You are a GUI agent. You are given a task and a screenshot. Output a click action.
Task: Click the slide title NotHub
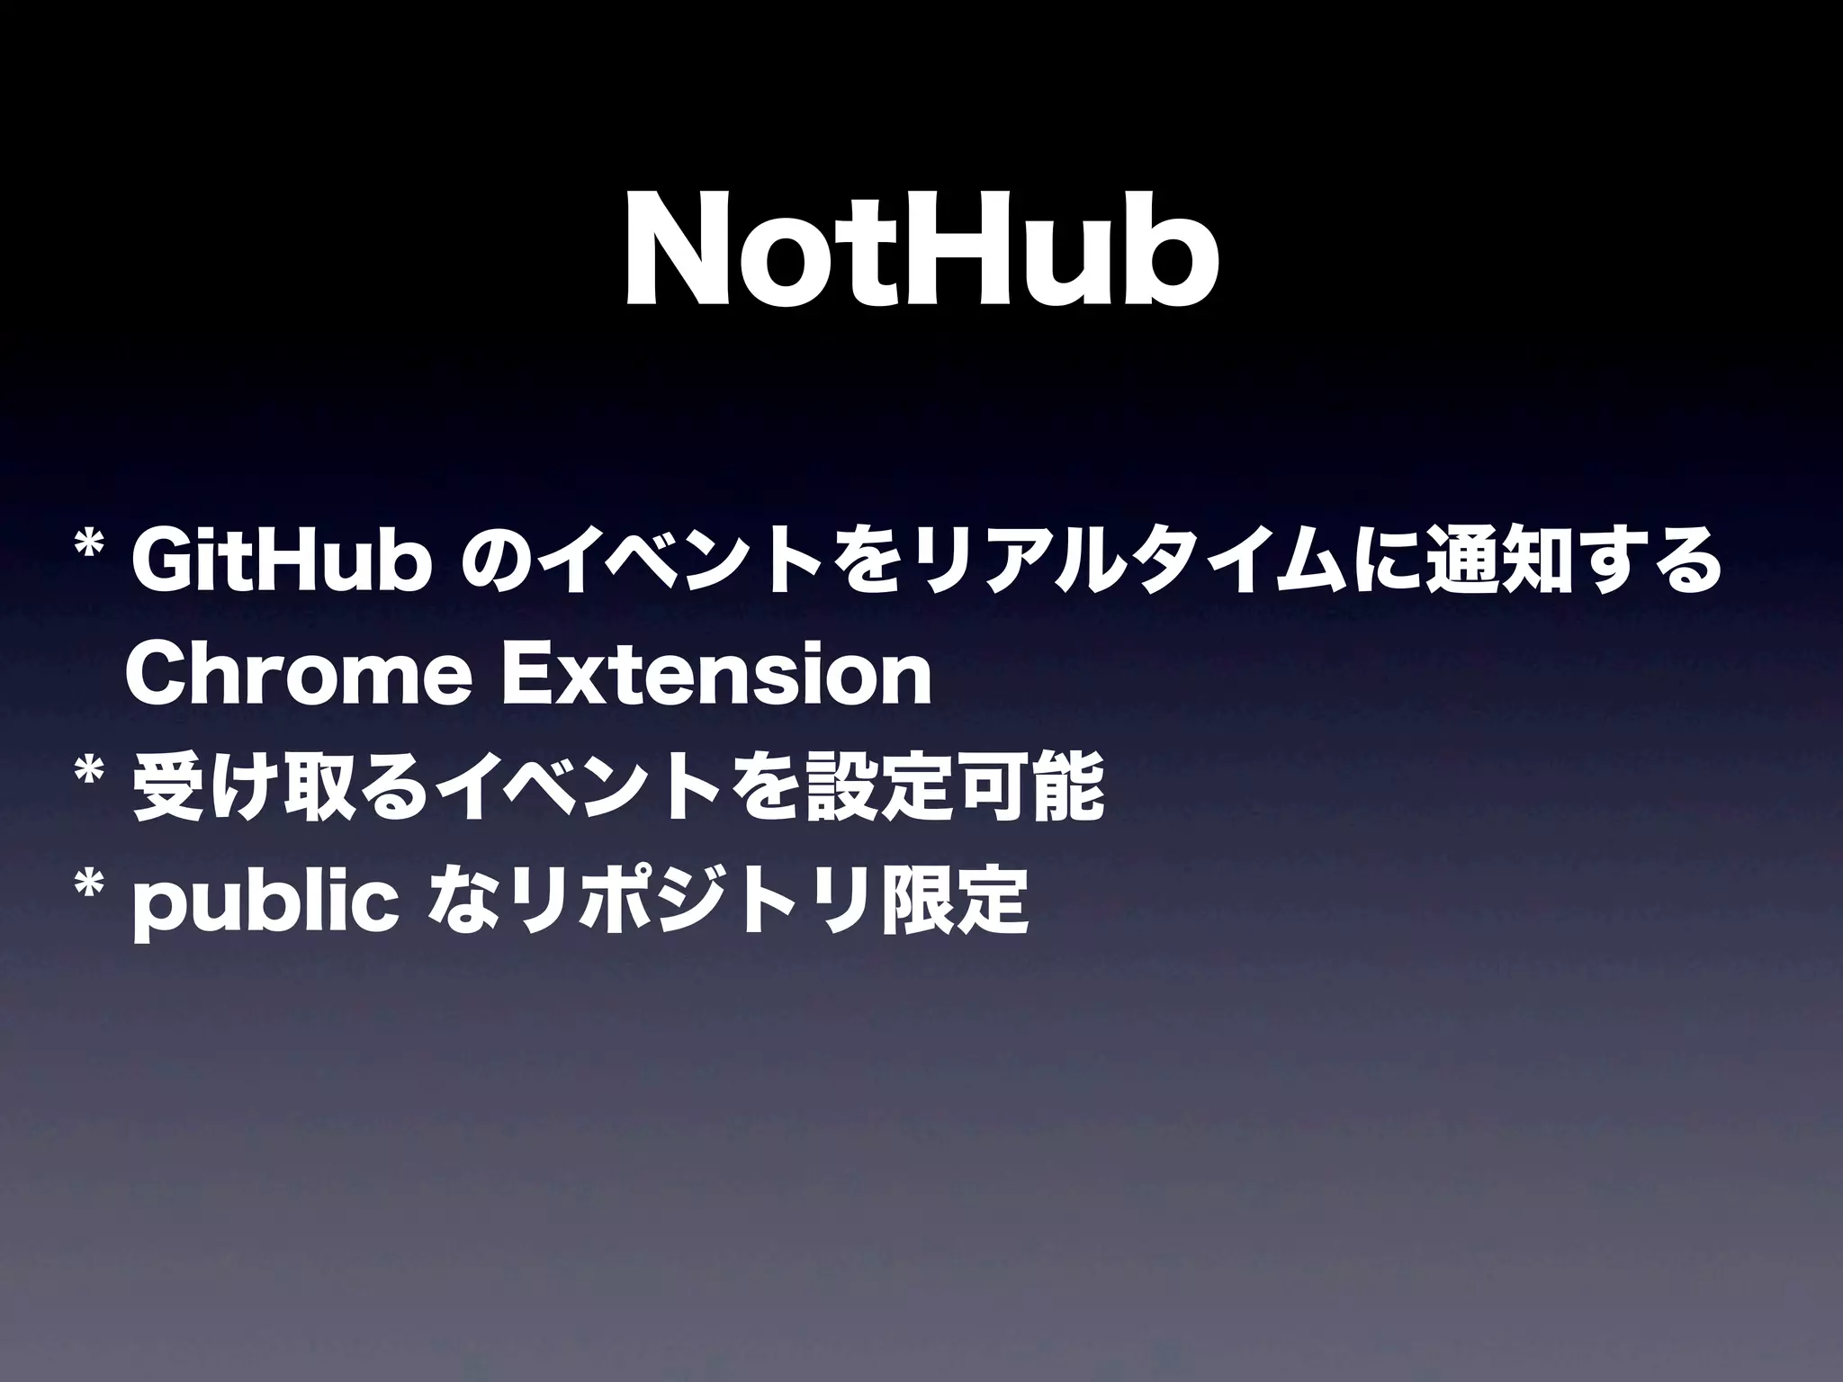[x=921, y=256]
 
